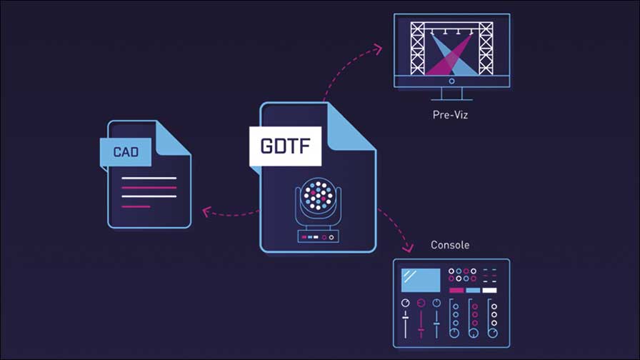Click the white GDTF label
tap(285, 146)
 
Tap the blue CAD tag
tap(126, 152)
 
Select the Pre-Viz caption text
tap(450, 115)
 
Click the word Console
tap(450, 245)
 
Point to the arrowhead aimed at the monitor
tap(378, 49)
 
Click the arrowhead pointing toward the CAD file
tap(207, 211)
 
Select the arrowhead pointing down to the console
tap(407, 247)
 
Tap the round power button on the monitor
tap(451, 81)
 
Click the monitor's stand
tap(452, 94)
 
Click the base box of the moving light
tap(318, 236)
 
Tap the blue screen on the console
tap(421, 280)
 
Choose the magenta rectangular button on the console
tap(456, 291)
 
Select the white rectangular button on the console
tap(489, 291)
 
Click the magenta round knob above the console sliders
tap(421, 303)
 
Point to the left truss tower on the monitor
tap(418, 49)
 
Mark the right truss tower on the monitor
tap(486, 49)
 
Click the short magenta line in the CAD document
tap(136, 207)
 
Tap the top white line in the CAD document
tap(149, 179)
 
